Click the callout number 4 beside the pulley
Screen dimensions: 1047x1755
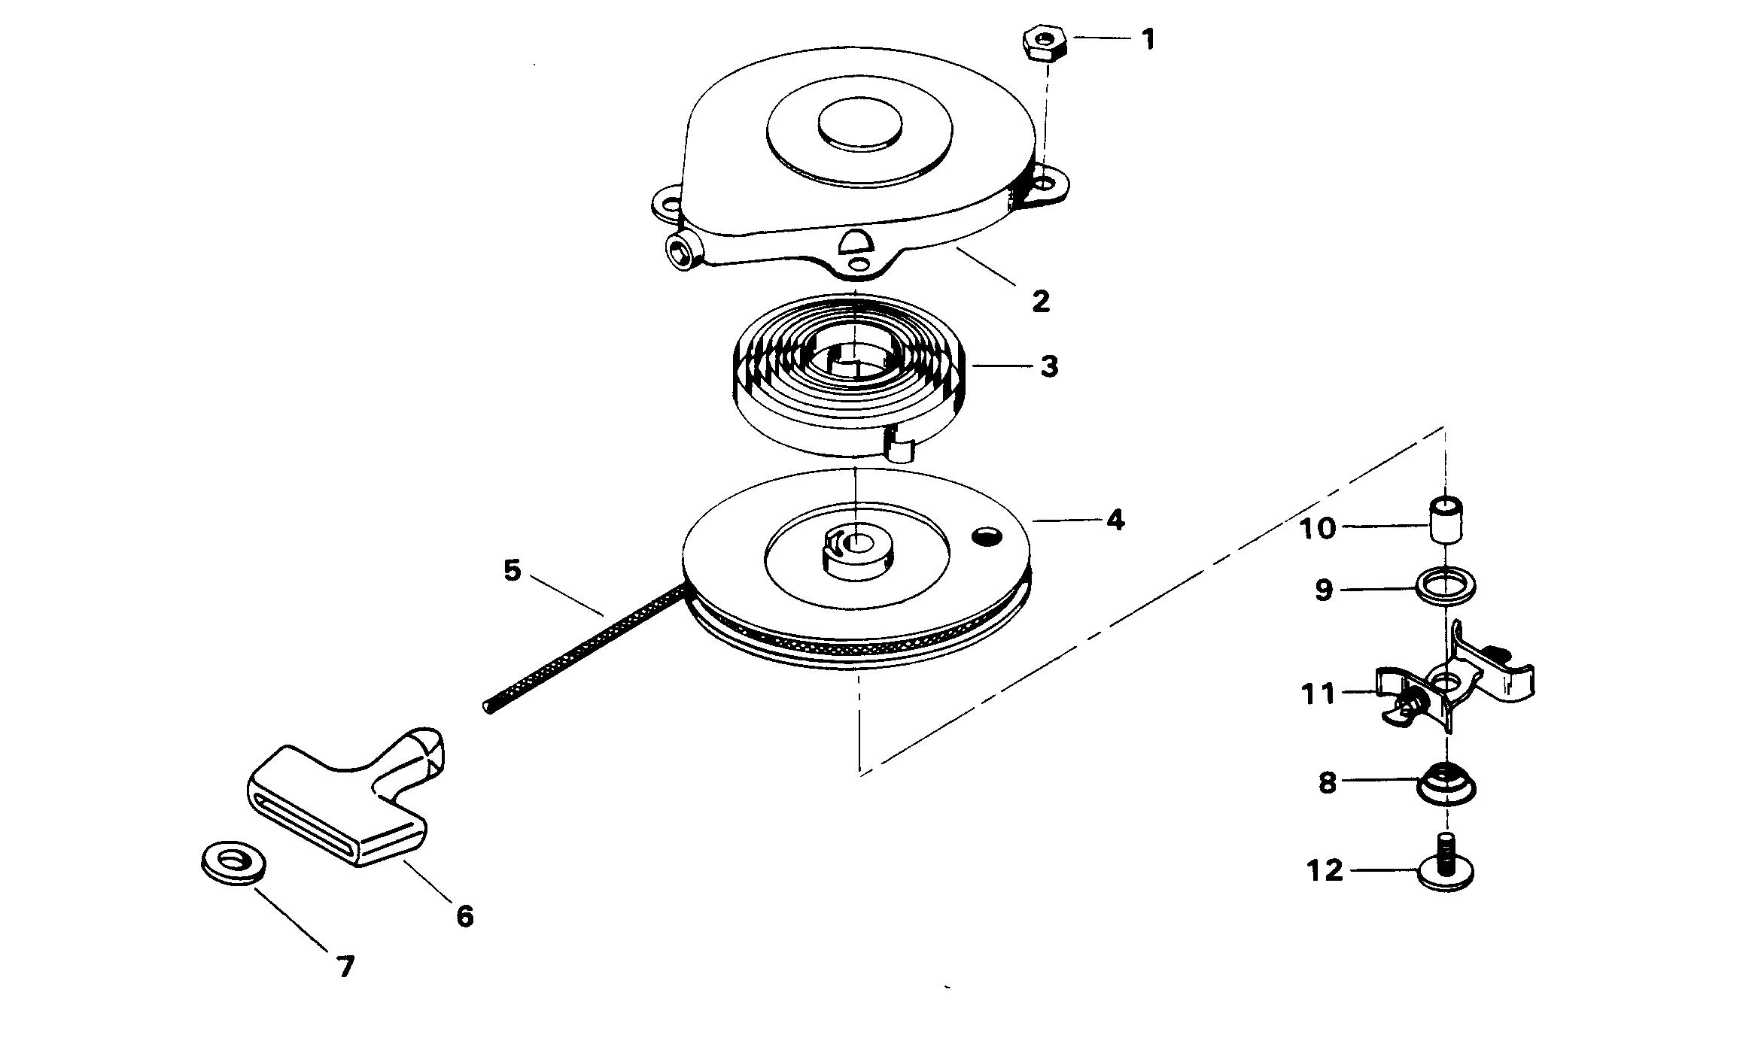point(1115,520)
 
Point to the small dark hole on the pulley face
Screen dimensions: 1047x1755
point(986,536)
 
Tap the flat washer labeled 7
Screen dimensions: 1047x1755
point(233,862)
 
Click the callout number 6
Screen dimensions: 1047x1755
point(465,916)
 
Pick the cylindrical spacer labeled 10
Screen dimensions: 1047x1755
point(1446,519)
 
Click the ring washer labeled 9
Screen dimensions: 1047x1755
point(1446,587)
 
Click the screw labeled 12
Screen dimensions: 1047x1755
point(1445,869)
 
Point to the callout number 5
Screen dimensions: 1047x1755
point(512,571)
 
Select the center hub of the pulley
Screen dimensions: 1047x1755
point(856,546)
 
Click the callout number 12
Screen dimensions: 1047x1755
point(1325,872)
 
